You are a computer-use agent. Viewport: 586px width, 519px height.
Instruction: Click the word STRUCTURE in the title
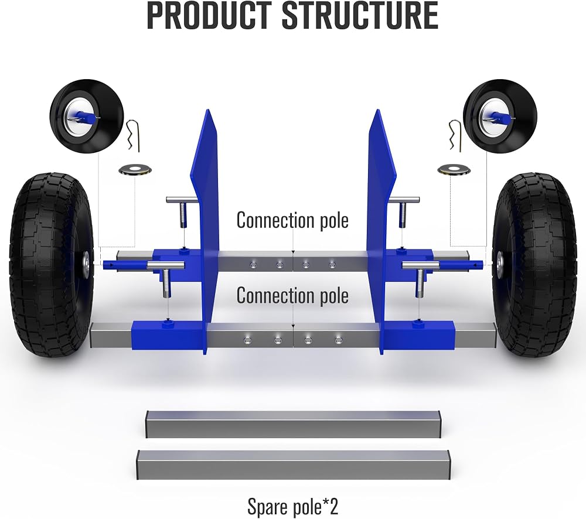[360, 16]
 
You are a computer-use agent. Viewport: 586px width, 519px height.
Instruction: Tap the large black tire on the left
[52, 265]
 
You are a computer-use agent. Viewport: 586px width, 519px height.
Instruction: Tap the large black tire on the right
[535, 265]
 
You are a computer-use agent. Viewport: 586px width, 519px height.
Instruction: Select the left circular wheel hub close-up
[87, 116]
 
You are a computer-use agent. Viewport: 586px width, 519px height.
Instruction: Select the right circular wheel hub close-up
[500, 116]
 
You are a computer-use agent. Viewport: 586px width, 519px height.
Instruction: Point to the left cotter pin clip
[134, 135]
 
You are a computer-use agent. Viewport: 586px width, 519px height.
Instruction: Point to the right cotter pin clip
[455, 135]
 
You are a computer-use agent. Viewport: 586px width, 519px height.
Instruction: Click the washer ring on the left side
[135, 170]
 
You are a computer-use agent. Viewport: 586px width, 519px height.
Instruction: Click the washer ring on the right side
[454, 170]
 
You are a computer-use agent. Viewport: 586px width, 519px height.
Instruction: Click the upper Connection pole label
[292, 220]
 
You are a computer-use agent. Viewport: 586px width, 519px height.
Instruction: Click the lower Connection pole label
[292, 296]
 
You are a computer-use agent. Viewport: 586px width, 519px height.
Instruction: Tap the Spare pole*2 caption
[292, 507]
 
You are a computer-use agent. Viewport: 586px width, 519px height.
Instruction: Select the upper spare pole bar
[293, 424]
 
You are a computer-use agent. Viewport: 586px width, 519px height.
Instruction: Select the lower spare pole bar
[293, 465]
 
